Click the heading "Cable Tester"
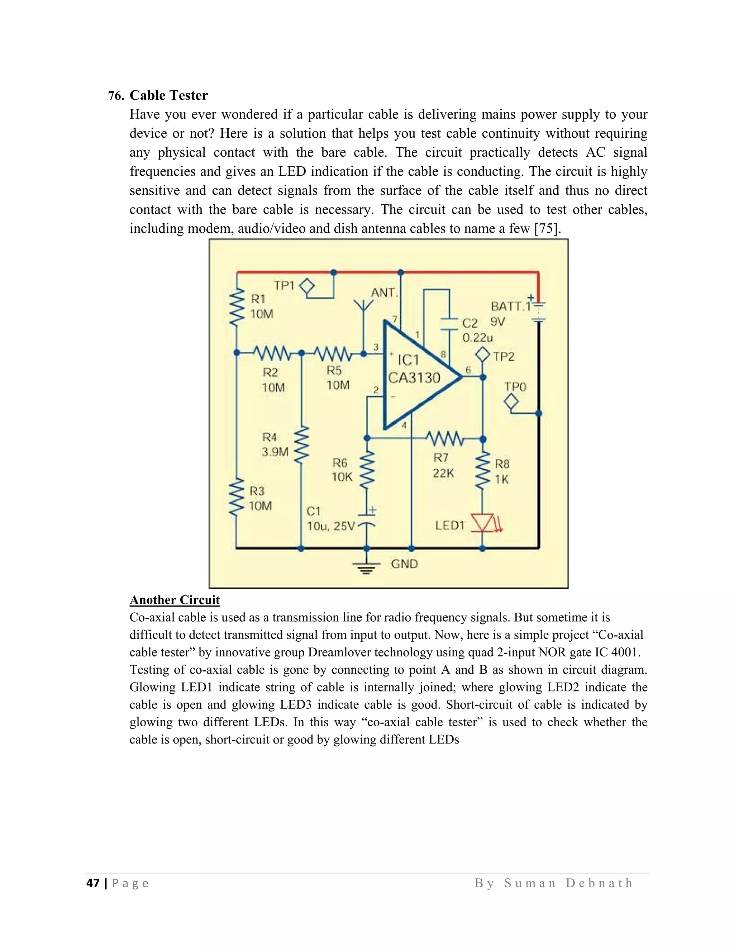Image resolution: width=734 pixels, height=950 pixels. [x=168, y=95]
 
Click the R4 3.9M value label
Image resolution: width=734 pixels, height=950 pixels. [x=275, y=452]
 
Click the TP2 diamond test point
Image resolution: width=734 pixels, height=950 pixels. [x=483, y=355]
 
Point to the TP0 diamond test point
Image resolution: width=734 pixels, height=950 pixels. [x=511, y=401]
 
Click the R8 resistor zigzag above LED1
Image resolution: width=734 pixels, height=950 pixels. [x=483, y=470]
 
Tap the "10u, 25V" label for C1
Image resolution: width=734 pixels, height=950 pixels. [x=332, y=526]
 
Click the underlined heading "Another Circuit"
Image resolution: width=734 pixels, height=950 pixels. [x=175, y=600]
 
